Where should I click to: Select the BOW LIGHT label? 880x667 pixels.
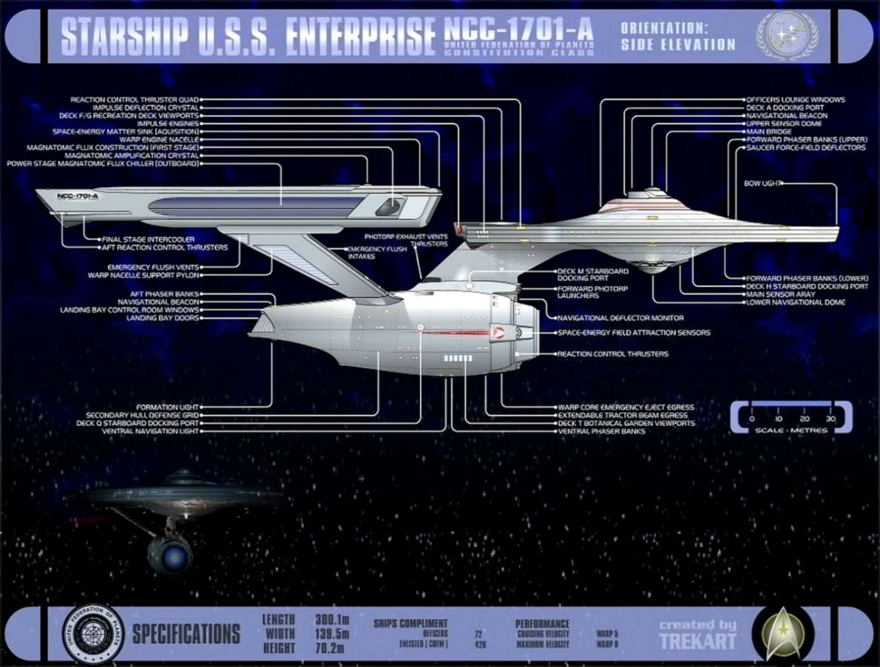point(762,183)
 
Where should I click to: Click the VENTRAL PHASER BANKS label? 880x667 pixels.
point(602,431)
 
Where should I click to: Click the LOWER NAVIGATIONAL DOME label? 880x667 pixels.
point(796,302)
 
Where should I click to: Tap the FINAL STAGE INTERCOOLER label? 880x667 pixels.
point(148,240)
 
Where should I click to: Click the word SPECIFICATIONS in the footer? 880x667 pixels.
point(186,634)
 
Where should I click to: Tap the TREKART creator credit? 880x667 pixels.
point(697,640)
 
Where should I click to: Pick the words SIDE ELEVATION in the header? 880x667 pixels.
point(678,44)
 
